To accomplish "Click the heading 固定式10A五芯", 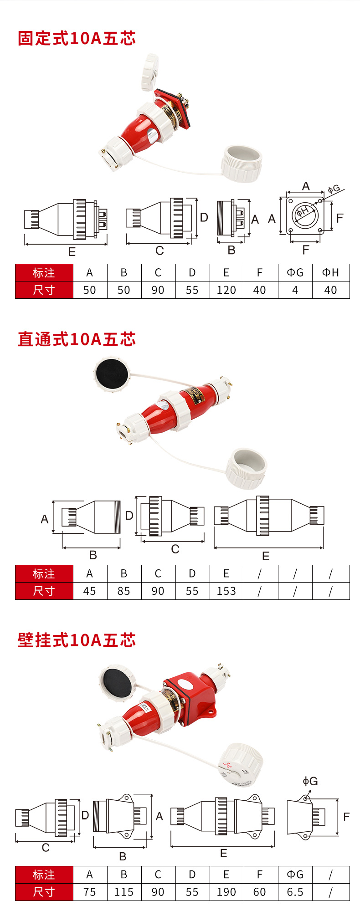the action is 77,38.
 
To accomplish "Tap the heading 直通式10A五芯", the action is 77,339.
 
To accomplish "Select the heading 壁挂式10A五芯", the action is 77,640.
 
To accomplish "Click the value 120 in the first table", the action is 226,290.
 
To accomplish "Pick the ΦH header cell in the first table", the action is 330,272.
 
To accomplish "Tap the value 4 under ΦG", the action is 295,290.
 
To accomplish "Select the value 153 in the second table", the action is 226,591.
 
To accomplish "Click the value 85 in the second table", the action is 124,591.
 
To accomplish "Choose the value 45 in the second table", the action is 90,591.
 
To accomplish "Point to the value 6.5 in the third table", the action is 295,892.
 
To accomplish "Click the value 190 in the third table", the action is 226,892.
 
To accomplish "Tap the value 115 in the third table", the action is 124,892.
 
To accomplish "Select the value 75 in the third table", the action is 90,892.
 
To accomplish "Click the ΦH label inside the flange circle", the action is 303,211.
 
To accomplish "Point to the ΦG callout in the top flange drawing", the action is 334,188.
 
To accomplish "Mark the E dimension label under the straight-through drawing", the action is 266,556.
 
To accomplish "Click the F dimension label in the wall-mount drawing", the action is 346,817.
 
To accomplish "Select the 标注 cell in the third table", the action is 44,875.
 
